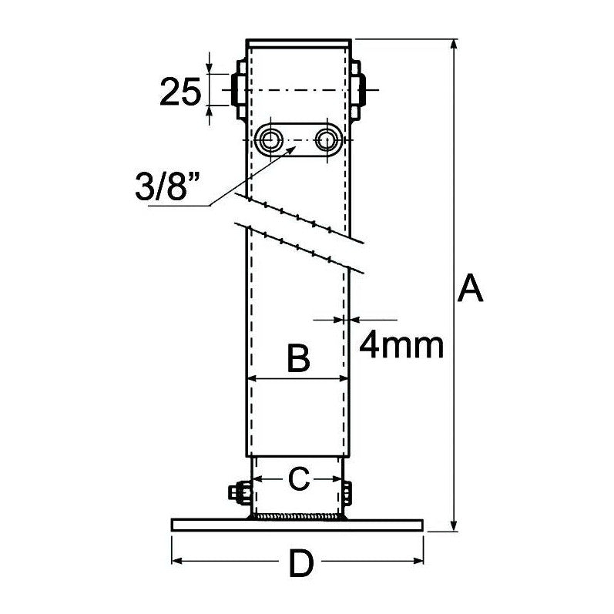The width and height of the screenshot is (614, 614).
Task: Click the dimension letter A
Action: click(x=470, y=290)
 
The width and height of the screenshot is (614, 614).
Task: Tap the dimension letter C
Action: click(x=298, y=478)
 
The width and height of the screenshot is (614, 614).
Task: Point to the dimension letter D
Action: click(x=300, y=566)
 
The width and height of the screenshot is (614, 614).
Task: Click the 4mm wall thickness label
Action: click(x=401, y=346)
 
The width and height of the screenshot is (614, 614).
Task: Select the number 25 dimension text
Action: click(x=180, y=92)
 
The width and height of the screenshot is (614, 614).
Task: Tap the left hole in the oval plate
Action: click(x=271, y=139)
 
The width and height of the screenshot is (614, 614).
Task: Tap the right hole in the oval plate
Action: click(x=327, y=139)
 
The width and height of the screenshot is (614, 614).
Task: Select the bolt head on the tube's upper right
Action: click(x=360, y=91)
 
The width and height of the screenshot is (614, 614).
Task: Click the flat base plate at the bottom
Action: click(x=297, y=525)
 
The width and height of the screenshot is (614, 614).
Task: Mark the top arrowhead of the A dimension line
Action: click(x=454, y=45)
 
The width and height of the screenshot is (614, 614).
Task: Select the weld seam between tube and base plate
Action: click(x=297, y=517)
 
